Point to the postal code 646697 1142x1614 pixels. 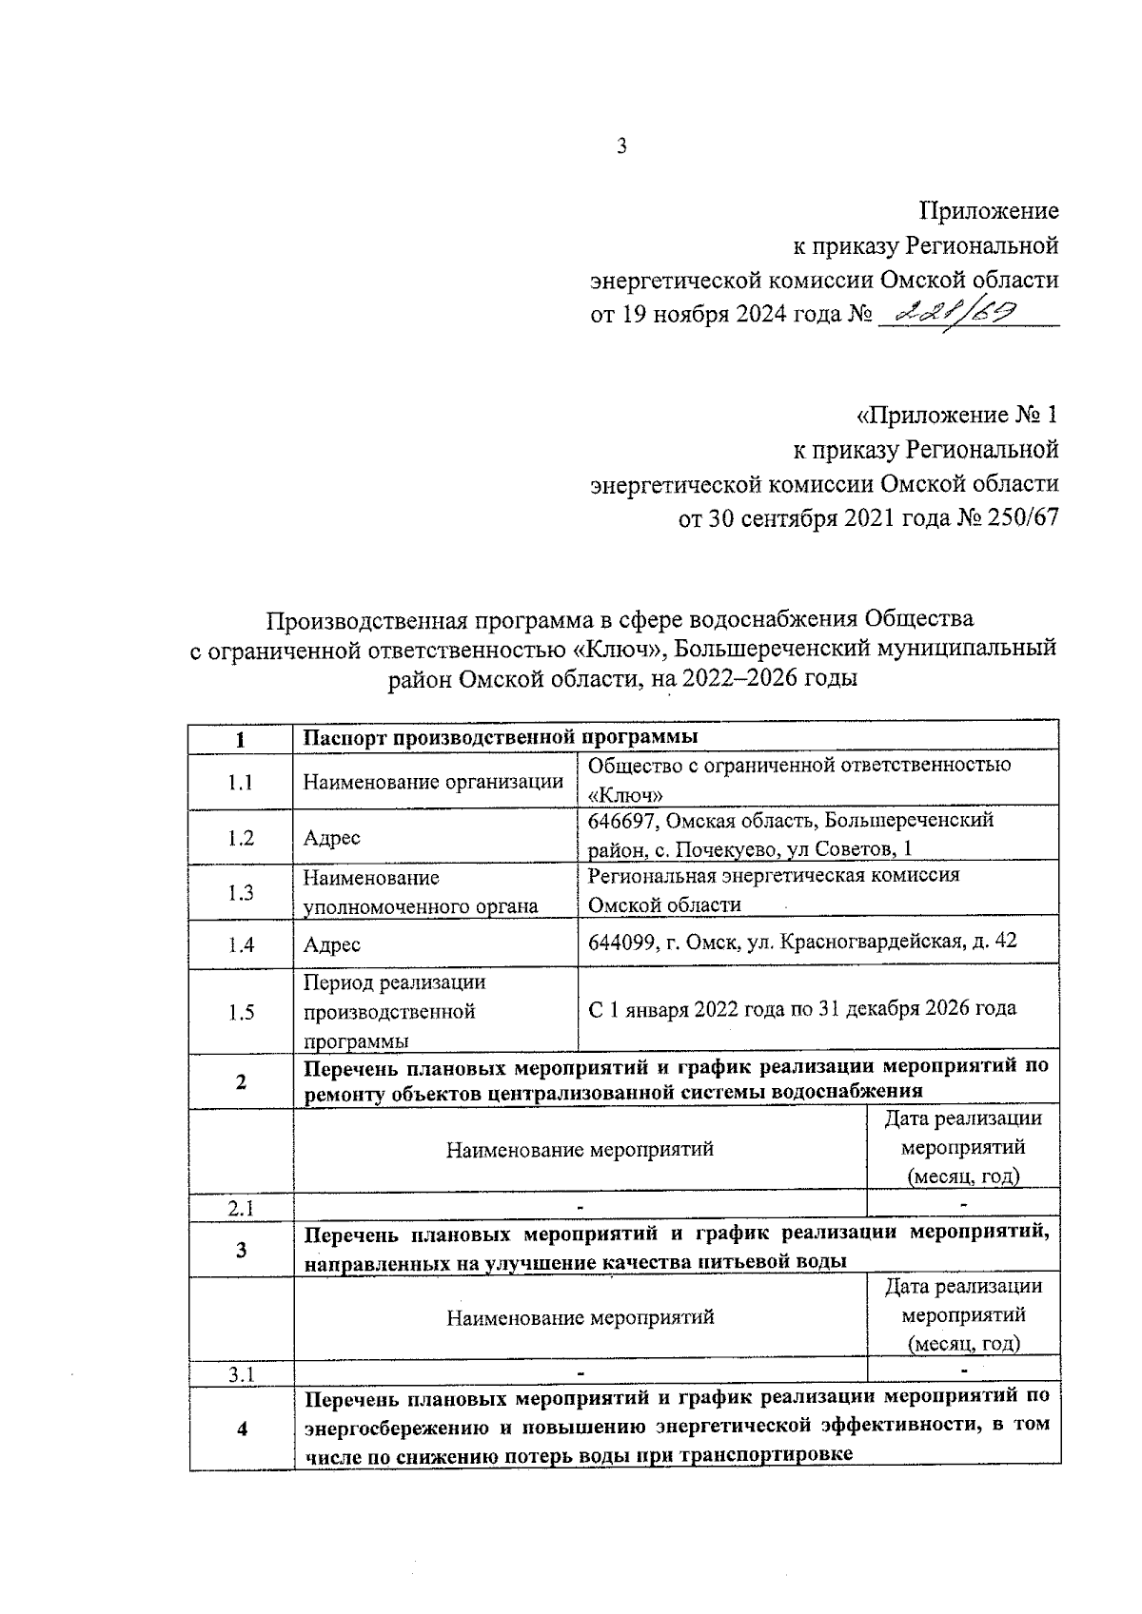621,820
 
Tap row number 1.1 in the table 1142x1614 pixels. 241,783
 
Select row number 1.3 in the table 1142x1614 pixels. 241,892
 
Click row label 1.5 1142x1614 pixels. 241,1013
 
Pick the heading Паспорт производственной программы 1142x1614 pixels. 501,737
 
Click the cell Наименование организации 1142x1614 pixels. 433,783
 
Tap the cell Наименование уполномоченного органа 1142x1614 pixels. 421,892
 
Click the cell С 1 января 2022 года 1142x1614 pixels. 801,1008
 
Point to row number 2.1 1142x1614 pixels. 241,1208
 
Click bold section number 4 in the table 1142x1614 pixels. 241,1429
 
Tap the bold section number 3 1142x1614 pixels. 241,1250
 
